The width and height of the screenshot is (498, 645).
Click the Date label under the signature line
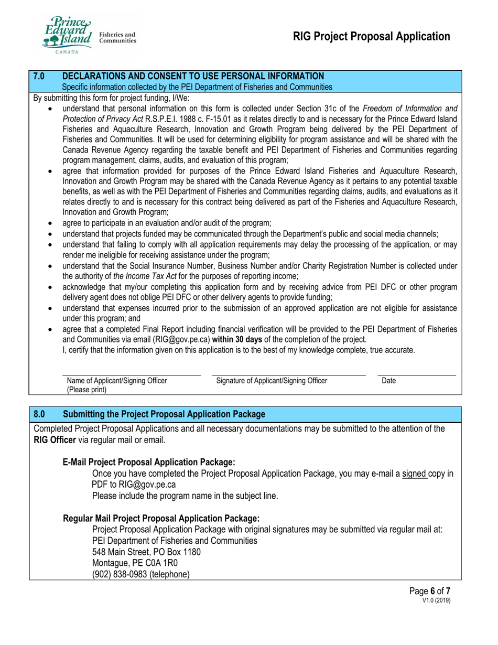[389, 381]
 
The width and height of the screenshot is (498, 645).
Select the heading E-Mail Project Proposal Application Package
[148, 462]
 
